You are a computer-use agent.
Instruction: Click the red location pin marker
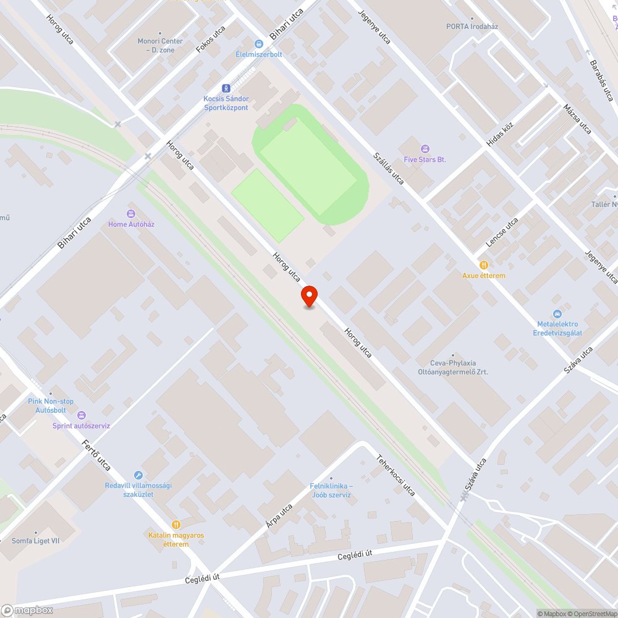pos(309,297)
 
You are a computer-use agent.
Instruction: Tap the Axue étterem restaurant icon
pos(483,265)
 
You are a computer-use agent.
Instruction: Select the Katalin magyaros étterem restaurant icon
pos(176,524)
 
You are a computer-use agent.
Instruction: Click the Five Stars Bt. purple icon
pos(425,148)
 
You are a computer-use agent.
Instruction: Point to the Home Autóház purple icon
pos(131,213)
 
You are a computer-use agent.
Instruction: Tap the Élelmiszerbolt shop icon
pos(259,43)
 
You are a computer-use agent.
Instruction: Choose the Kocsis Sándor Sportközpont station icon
pos(226,88)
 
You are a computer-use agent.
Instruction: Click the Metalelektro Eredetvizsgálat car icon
pos(557,314)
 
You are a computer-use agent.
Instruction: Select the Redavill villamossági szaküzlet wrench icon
pos(138,475)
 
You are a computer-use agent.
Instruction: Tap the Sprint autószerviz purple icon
pos(82,415)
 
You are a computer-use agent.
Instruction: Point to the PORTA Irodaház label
pos(472,27)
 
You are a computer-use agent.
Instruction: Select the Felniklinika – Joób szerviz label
pos(331,490)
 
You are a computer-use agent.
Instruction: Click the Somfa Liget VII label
pos(36,541)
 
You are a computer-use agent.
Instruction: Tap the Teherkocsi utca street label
pos(396,475)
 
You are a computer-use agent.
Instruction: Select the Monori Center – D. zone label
pos(160,45)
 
